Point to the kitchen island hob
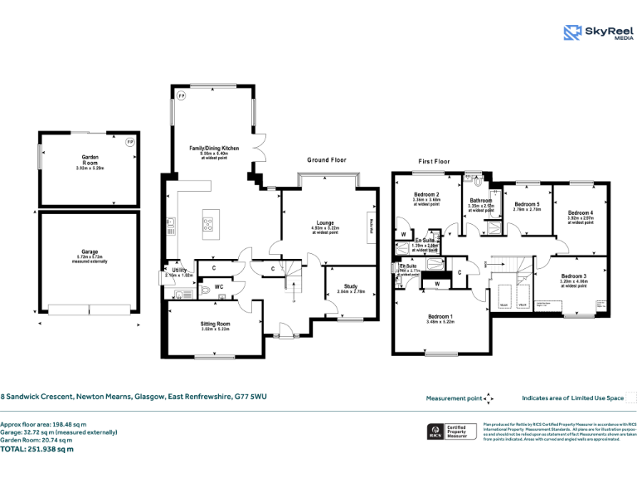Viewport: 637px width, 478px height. tap(207, 222)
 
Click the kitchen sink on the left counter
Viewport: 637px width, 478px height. tap(171, 222)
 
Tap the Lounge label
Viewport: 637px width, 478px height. tap(324, 222)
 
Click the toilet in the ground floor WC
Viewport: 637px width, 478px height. tap(205, 291)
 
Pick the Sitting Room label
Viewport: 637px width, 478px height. tap(215, 324)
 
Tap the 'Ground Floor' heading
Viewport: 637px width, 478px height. tap(327, 159)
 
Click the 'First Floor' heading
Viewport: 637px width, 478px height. tap(434, 161)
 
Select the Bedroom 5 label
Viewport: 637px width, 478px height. tap(527, 204)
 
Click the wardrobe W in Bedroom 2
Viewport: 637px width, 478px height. tap(403, 233)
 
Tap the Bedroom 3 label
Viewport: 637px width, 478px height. tap(573, 276)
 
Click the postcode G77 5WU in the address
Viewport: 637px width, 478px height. tap(250, 398)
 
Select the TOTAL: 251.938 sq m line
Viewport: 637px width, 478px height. tap(36, 449)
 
